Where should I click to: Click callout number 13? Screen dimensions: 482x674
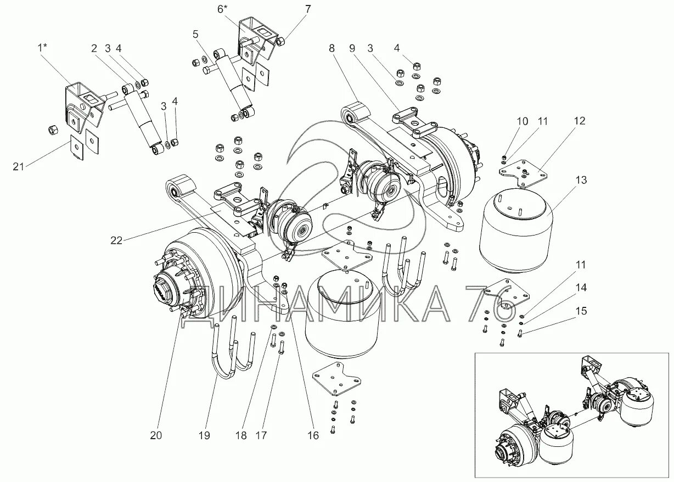tap(581, 180)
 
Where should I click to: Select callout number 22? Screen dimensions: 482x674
tap(116, 239)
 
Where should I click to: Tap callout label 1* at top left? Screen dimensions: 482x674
tap(42, 48)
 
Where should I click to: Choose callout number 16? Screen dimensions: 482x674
tap(313, 435)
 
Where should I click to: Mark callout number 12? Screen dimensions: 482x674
tap(580, 121)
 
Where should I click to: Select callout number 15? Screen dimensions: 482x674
tap(581, 311)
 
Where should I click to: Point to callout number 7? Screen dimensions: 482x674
tap(307, 8)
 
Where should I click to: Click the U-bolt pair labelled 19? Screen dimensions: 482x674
tap(233, 351)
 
